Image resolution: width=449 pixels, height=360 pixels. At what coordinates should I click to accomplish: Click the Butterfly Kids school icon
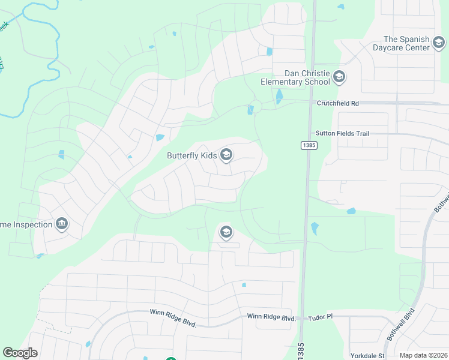click(226, 155)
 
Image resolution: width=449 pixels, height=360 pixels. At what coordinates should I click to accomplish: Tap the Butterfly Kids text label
click(191, 155)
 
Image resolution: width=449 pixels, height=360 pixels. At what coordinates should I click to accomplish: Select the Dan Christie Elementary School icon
click(339, 77)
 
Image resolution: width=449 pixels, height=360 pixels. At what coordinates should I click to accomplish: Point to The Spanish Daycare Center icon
click(439, 43)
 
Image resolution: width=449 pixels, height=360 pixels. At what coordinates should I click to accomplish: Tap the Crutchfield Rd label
click(338, 103)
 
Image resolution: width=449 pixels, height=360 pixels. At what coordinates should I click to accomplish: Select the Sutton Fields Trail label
click(342, 133)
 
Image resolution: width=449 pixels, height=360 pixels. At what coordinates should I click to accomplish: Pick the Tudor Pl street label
click(321, 317)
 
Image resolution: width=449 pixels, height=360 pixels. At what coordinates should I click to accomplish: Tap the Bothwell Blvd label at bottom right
click(402, 324)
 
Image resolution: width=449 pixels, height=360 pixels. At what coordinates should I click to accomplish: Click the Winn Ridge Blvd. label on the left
click(173, 314)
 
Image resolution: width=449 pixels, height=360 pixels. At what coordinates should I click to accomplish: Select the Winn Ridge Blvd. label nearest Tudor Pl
click(272, 317)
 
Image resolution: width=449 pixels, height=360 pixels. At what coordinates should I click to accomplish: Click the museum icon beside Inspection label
click(61, 224)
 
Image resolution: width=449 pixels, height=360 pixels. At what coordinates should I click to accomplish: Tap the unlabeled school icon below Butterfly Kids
click(226, 232)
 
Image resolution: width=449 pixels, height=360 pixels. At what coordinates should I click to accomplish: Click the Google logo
click(20, 353)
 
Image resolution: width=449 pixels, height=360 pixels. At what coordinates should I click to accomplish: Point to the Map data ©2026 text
click(423, 355)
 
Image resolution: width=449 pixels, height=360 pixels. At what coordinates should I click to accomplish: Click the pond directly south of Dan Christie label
click(279, 96)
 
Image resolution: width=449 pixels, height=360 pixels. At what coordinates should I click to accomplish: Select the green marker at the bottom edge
click(171, 359)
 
